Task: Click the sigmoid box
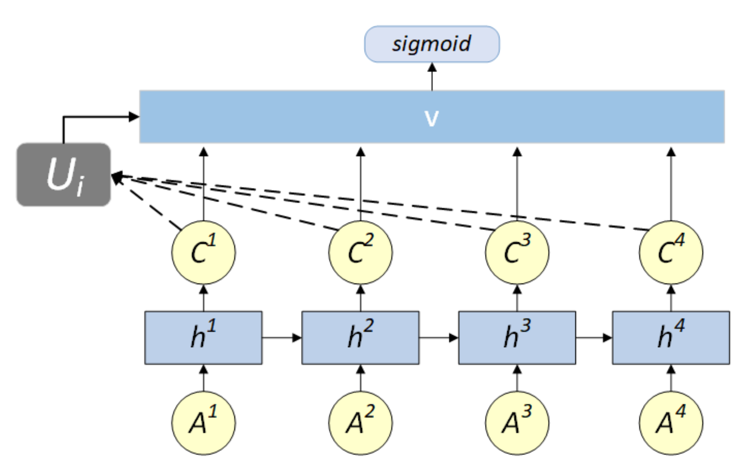pyautogui.click(x=432, y=44)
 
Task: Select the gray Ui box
pyautogui.click(x=64, y=174)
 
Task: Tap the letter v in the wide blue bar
pyautogui.click(x=432, y=118)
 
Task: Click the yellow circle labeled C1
pyautogui.click(x=203, y=253)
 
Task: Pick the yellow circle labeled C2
pyautogui.click(x=360, y=253)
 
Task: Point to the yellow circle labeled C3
pyautogui.click(x=517, y=253)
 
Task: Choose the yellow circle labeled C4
pyautogui.click(x=671, y=253)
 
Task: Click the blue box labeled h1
pyautogui.click(x=203, y=338)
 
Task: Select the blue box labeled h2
pyautogui.click(x=360, y=338)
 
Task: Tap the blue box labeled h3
pyautogui.click(x=517, y=338)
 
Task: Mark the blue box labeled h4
pyautogui.click(x=671, y=338)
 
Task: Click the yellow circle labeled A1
pyautogui.click(x=203, y=423)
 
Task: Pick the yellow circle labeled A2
pyautogui.click(x=360, y=423)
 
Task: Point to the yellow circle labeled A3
pyautogui.click(x=517, y=423)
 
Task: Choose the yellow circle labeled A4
pyautogui.click(x=671, y=423)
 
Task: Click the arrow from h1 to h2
pyautogui.click(x=282, y=338)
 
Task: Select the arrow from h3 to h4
pyautogui.click(x=594, y=338)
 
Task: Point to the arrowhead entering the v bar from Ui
pyautogui.click(x=134, y=117)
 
